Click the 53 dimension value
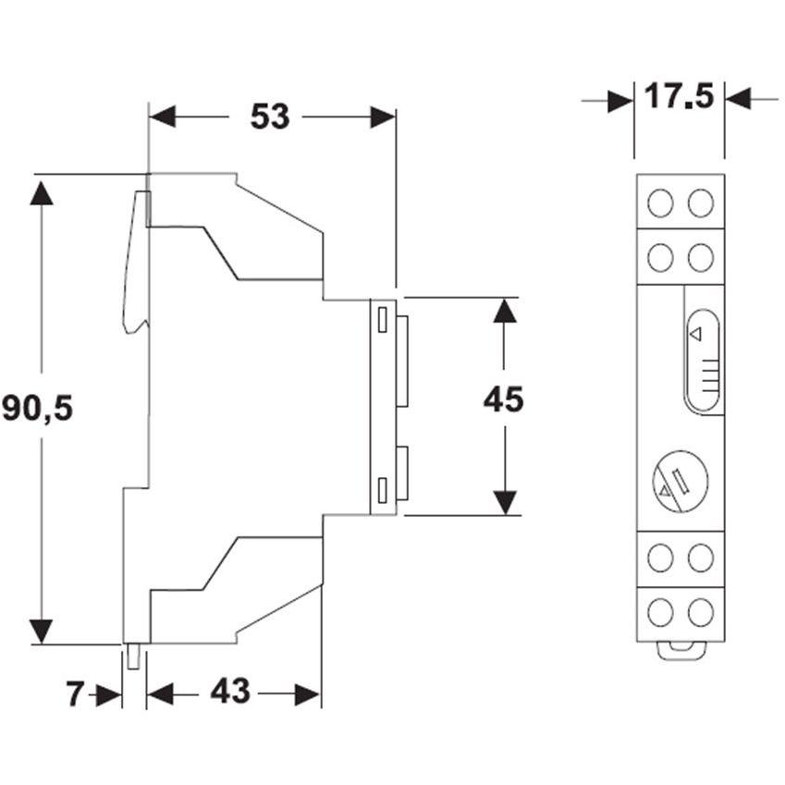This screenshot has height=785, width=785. [270, 117]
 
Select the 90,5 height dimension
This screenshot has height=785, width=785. [38, 408]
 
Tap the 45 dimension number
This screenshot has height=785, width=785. [504, 399]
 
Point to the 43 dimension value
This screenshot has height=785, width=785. [230, 692]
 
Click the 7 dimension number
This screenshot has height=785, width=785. [74, 694]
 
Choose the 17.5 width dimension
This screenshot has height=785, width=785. [679, 96]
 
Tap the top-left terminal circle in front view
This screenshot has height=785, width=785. [660, 203]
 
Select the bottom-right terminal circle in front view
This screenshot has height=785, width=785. [700, 612]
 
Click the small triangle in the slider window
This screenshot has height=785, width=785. [695, 335]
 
